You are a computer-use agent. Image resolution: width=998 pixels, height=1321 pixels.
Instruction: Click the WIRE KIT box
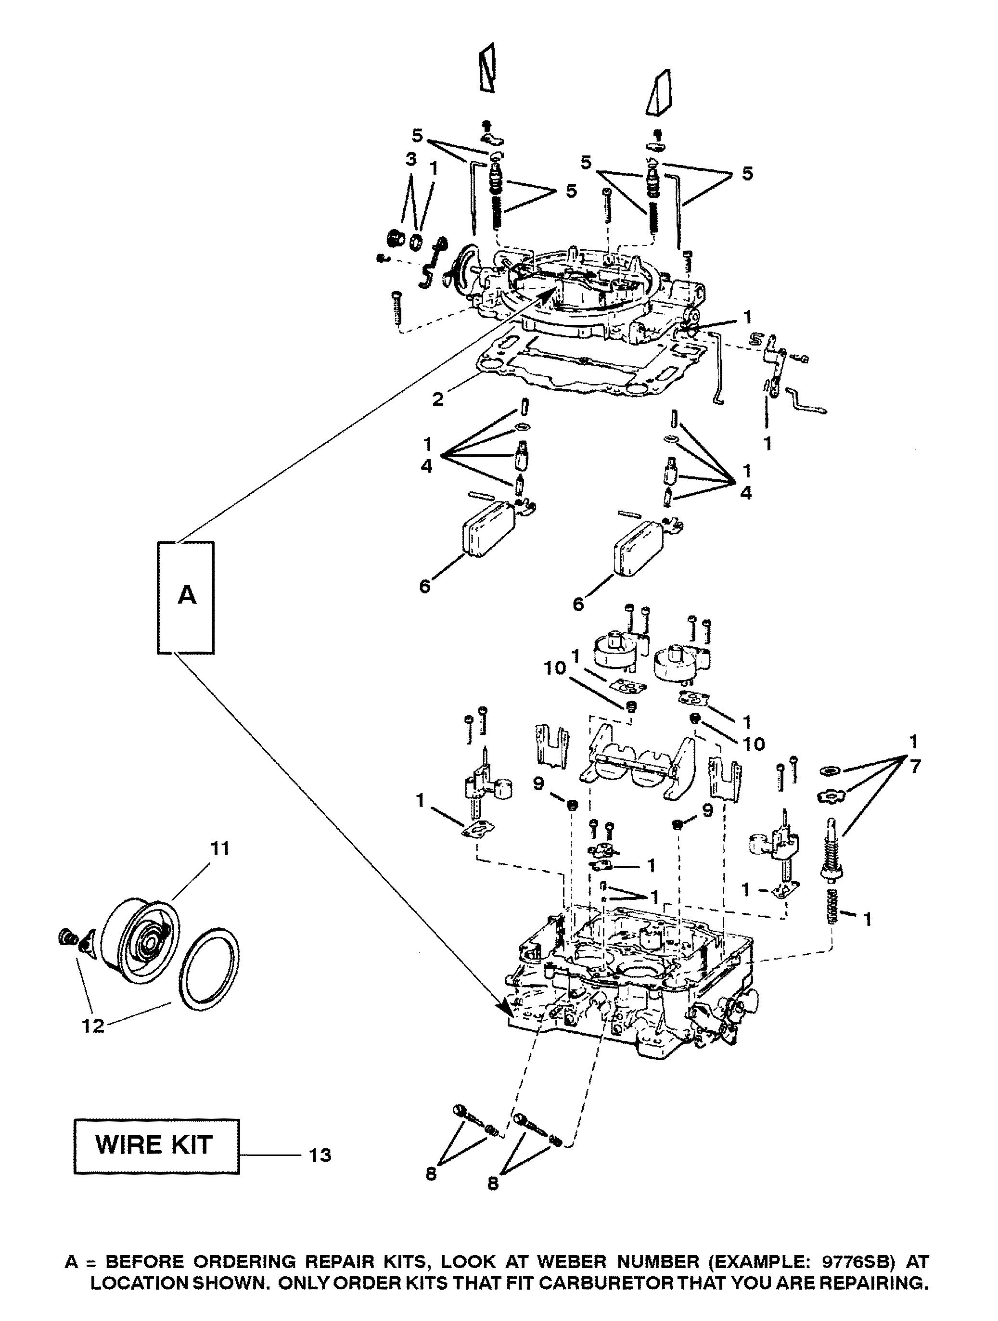156,1145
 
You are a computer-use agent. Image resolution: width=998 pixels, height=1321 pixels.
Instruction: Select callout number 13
320,1155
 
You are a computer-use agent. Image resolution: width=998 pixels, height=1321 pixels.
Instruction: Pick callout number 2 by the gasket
438,399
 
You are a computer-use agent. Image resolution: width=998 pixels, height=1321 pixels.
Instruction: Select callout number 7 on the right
916,766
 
